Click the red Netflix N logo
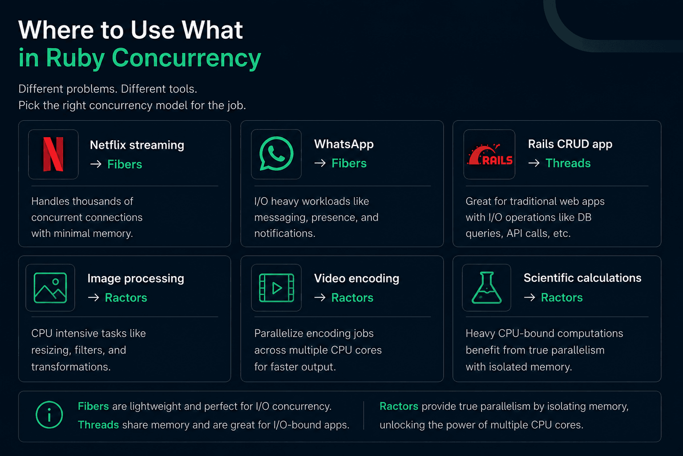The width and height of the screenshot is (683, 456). (53, 154)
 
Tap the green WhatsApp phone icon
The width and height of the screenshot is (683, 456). (276, 153)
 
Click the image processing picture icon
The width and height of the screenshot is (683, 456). (50, 288)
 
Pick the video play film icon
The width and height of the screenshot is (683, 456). (276, 288)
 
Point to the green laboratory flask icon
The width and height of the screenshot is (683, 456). (486, 288)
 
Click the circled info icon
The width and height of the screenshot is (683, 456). (49, 415)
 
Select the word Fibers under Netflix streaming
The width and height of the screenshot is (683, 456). (125, 164)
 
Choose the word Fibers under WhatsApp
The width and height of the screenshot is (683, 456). (349, 163)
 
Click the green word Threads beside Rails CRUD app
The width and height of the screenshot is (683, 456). (568, 163)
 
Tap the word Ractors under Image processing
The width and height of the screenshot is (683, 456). (126, 297)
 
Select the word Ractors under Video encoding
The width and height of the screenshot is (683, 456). (352, 297)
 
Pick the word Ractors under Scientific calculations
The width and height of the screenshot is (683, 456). (562, 297)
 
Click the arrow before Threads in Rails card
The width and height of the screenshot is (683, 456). (534, 163)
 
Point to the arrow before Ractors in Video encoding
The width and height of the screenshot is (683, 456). (320, 297)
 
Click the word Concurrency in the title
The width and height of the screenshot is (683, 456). (186, 58)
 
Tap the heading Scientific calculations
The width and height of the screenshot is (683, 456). (582, 278)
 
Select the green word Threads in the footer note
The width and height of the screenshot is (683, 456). (98, 425)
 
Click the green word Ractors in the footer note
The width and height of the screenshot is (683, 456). (399, 406)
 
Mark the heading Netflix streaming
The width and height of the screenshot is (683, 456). (137, 145)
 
